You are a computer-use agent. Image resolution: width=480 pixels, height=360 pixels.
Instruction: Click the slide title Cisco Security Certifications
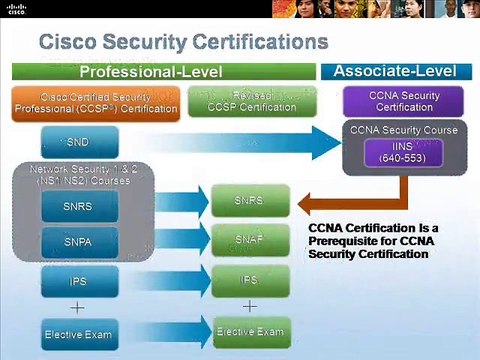point(182,43)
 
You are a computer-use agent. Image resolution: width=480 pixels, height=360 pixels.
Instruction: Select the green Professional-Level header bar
point(164,72)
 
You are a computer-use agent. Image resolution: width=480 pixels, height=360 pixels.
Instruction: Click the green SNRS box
point(250,201)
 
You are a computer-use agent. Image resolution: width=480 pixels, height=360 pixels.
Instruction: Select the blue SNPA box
point(79,243)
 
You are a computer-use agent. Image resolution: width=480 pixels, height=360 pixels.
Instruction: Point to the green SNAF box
point(250,240)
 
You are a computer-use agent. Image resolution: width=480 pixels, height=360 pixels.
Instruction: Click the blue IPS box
point(79,281)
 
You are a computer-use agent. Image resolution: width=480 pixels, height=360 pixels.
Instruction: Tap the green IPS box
point(250,279)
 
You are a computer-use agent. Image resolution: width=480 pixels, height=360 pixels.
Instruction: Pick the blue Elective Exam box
point(79,332)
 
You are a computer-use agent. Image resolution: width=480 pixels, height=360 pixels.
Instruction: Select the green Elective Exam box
point(250,330)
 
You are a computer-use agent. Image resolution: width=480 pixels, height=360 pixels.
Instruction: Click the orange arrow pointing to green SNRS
point(330,203)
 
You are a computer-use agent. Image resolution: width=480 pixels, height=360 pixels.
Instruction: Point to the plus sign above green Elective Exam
point(250,305)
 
